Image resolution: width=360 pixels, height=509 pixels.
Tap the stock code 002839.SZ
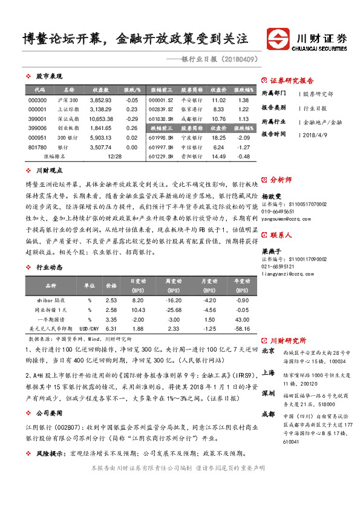(x=160, y=109)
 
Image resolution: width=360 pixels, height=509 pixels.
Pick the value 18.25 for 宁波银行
(x=218, y=138)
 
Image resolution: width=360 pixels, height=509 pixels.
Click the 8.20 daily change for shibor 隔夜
(x=137, y=300)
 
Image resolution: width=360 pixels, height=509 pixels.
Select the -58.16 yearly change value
(x=242, y=328)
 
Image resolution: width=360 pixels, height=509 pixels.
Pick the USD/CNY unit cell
(x=89, y=328)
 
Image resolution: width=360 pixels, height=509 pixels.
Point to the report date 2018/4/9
(x=316, y=134)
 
